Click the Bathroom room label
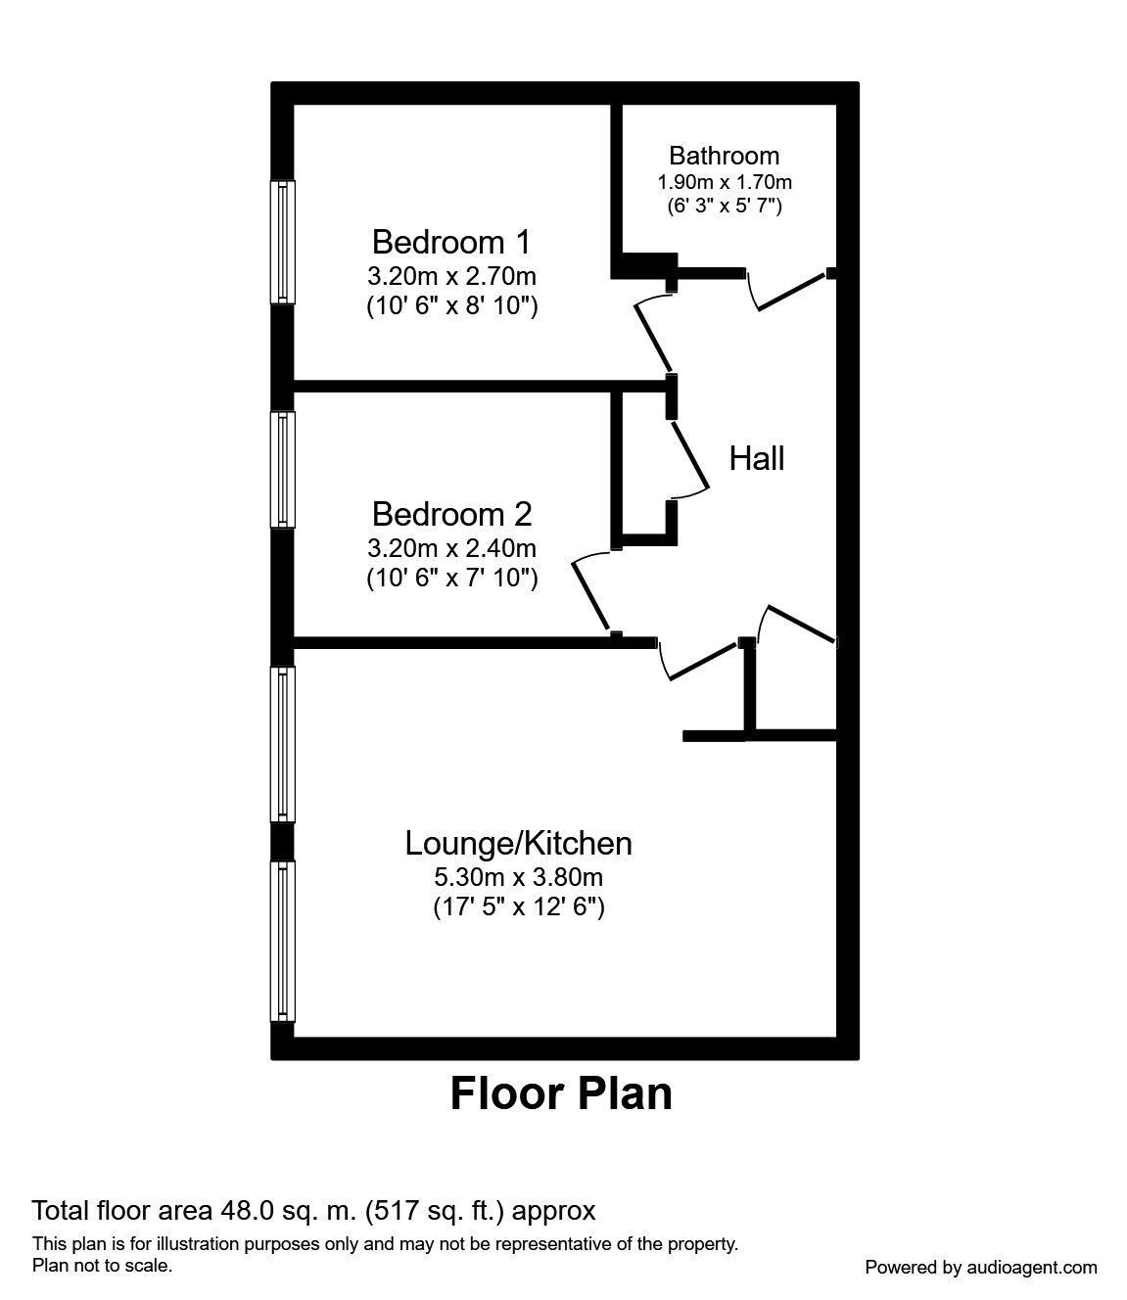click(724, 156)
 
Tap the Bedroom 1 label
click(451, 241)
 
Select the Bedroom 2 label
click(451, 513)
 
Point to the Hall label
click(756, 458)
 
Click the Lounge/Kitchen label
click(518, 843)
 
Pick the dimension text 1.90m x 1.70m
click(724, 182)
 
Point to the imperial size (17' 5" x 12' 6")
click(518, 907)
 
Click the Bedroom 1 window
click(283, 242)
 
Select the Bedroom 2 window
click(283, 470)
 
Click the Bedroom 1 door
click(654, 333)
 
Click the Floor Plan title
click(561, 1093)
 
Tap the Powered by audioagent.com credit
click(980, 1267)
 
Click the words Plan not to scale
click(103, 1265)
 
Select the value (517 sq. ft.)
click(435, 1211)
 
